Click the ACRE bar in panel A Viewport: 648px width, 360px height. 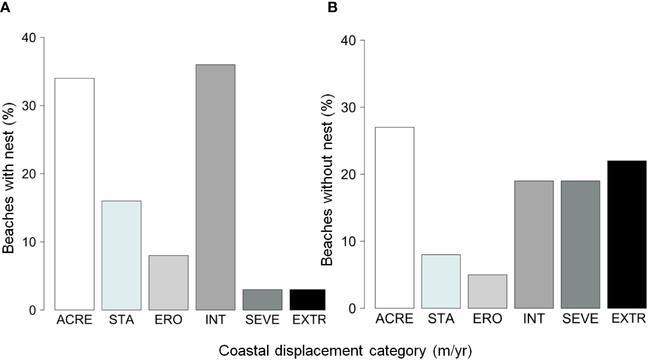point(74,194)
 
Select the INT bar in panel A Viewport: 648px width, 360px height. point(216,187)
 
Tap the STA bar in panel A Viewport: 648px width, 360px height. point(122,255)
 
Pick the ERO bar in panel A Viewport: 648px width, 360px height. point(169,282)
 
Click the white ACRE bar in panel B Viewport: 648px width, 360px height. point(395,217)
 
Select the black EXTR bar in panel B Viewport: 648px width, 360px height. point(626,234)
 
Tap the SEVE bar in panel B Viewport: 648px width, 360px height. point(580,244)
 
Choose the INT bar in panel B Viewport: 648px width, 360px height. point(534,244)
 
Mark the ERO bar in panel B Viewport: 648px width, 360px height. point(487,291)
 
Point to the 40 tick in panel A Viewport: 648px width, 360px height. point(30,38)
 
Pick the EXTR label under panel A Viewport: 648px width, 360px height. point(308,320)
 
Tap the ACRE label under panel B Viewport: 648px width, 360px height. point(395,319)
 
